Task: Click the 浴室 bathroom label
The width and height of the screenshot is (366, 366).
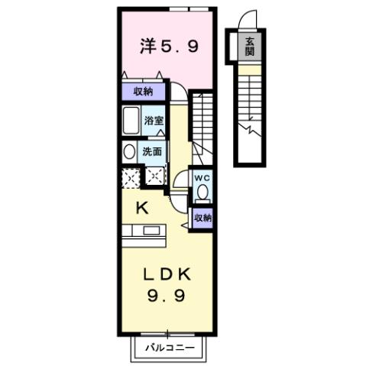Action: tap(154, 119)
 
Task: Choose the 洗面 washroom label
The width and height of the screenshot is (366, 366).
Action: tap(152, 151)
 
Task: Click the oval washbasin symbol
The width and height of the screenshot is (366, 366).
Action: tap(128, 152)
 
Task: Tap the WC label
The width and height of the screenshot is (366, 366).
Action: tap(202, 178)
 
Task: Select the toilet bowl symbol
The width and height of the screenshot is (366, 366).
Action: tap(202, 194)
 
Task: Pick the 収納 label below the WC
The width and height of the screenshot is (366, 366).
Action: tap(202, 218)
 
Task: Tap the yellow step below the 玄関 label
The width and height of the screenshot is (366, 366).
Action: tap(250, 66)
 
